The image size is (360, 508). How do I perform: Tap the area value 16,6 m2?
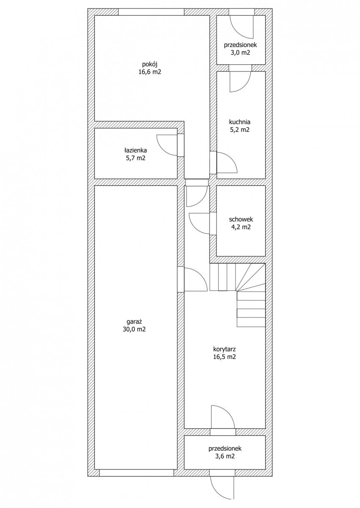click(150, 72)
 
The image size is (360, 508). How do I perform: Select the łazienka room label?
click(136, 150)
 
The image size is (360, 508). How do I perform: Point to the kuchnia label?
click(240, 122)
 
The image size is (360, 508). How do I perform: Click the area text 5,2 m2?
click(240, 130)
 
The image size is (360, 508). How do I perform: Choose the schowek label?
click(241, 219)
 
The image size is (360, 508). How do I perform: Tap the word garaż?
click(134, 321)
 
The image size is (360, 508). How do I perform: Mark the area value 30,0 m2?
click(134, 329)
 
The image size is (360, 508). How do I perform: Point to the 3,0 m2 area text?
click(240, 52)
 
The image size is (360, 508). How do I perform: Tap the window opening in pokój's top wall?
click(151, 12)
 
